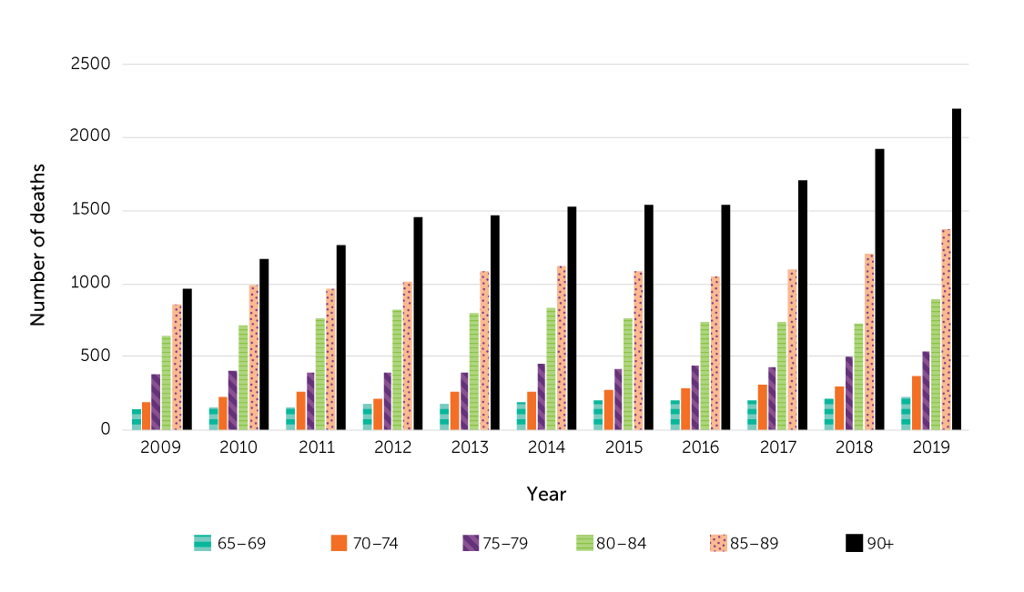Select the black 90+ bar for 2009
point(188,359)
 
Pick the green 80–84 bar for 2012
point(397,369)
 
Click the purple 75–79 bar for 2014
point(542,396)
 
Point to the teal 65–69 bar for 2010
point(213,418)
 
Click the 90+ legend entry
point(870,544)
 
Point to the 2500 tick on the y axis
point(91,65)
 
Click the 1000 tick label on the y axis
point(91,284)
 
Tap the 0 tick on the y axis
point(105,430)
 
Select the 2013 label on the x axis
point(469,448)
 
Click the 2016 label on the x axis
point(700,448)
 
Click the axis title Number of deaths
point(38,246)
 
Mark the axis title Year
point(546,495)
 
